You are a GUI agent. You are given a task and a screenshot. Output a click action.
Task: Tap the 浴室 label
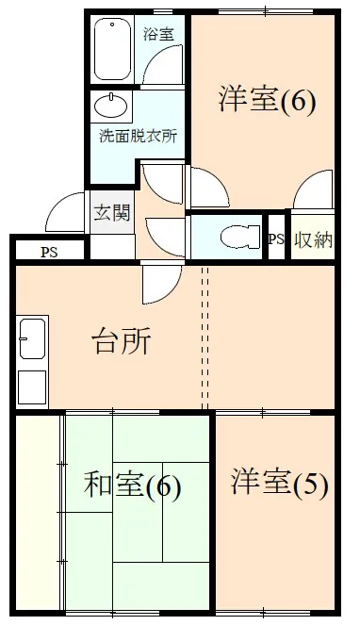coord(157,35)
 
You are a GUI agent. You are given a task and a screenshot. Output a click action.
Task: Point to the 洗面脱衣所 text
coord(138,136)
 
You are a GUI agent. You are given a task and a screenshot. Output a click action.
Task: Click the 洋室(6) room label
coord(267,99)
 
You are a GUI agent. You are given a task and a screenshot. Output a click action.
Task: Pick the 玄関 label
coord(112,213)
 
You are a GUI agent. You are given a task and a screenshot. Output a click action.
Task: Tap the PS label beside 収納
coord(275,239)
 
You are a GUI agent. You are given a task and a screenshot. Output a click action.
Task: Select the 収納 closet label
coord(313,239)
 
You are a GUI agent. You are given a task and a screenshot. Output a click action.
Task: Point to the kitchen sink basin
coord(31,338)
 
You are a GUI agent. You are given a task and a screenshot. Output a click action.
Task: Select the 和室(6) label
coord(132,486)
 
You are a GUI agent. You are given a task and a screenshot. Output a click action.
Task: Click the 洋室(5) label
coord(279,484)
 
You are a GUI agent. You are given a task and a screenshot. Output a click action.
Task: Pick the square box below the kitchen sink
coord(31,386)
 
